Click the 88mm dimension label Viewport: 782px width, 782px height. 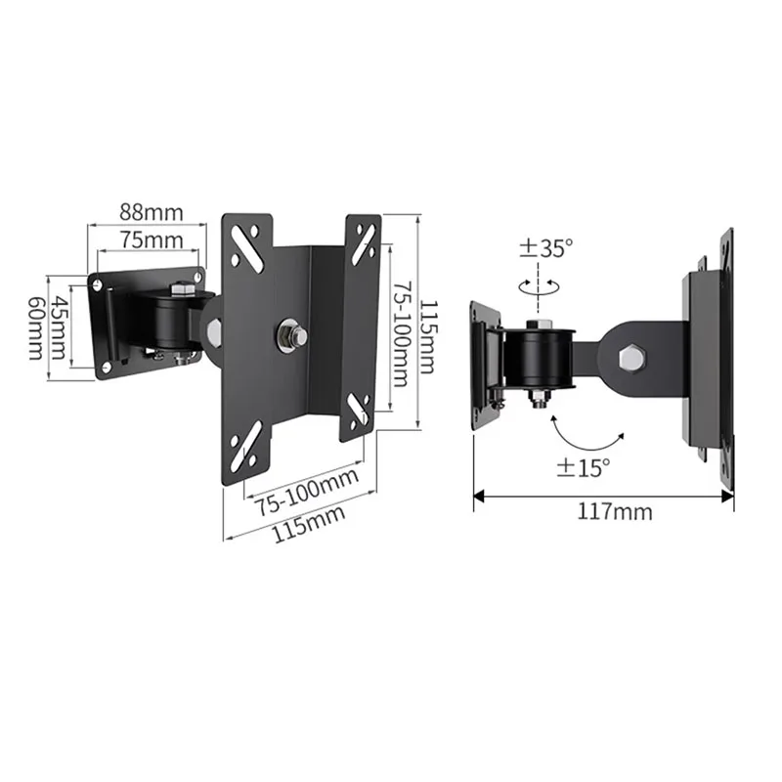point(147,211)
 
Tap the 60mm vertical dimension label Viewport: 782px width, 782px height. point(36,327)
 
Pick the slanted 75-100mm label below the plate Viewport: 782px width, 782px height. point(307,491)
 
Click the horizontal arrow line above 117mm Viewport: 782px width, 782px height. point(603,496)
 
